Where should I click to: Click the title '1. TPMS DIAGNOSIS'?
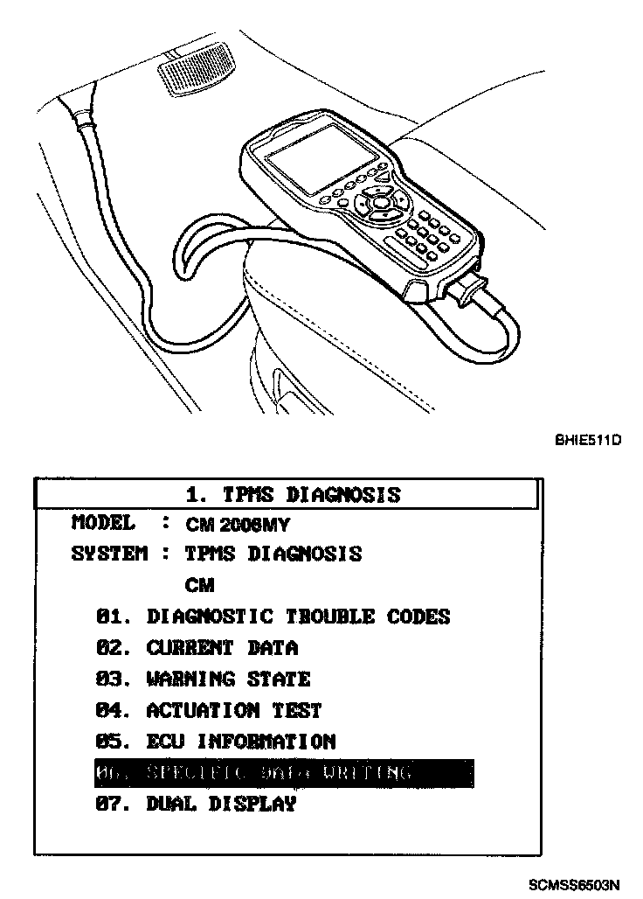pos(294,495)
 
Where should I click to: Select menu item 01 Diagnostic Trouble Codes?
pos(273,617)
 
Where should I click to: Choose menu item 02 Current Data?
pos(197,648)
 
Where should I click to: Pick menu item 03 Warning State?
pos(203,679)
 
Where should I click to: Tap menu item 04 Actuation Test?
pos(209,711)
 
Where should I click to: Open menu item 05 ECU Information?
pos(215,742)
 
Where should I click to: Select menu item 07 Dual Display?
pos(196,805)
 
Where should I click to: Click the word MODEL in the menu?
pos(103,524)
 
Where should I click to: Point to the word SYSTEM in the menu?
pos(109,554)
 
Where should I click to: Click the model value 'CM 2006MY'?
pos(238,526)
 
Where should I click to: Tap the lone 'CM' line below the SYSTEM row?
pos(199,585)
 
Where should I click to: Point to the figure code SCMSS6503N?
pos(574,884)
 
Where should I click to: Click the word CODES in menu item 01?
pos(413,617)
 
